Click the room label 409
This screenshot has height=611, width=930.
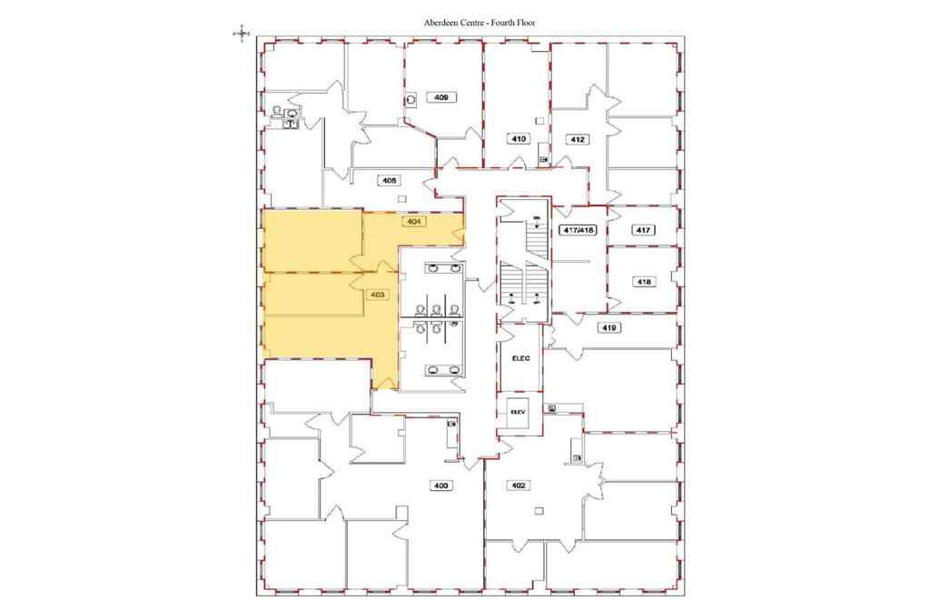pyautogui.click(x=442, y=97)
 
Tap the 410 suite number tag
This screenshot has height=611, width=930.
pyautogui.click(x=518, y=139)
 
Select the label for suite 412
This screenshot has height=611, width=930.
pyautogui.click(x=577, y=139)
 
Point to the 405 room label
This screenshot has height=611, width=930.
pyautogui.click(x=391, y=180)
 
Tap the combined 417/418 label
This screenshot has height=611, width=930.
pyautogui.click(x=578, y=231)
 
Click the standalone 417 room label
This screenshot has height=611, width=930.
pyautogui.click(x=643, y=231)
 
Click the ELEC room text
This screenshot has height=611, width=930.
pyautogui.click(x=520, y=358)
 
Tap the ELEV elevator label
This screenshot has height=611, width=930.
pyautogui.click(x=519, y=411)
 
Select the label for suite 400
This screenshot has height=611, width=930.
pyautogui.click(x=441, y=486)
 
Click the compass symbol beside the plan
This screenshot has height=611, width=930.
pyautogui.click(x=241, y=34)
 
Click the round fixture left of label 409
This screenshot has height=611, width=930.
pyautogui.click(x=411, y=99)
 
